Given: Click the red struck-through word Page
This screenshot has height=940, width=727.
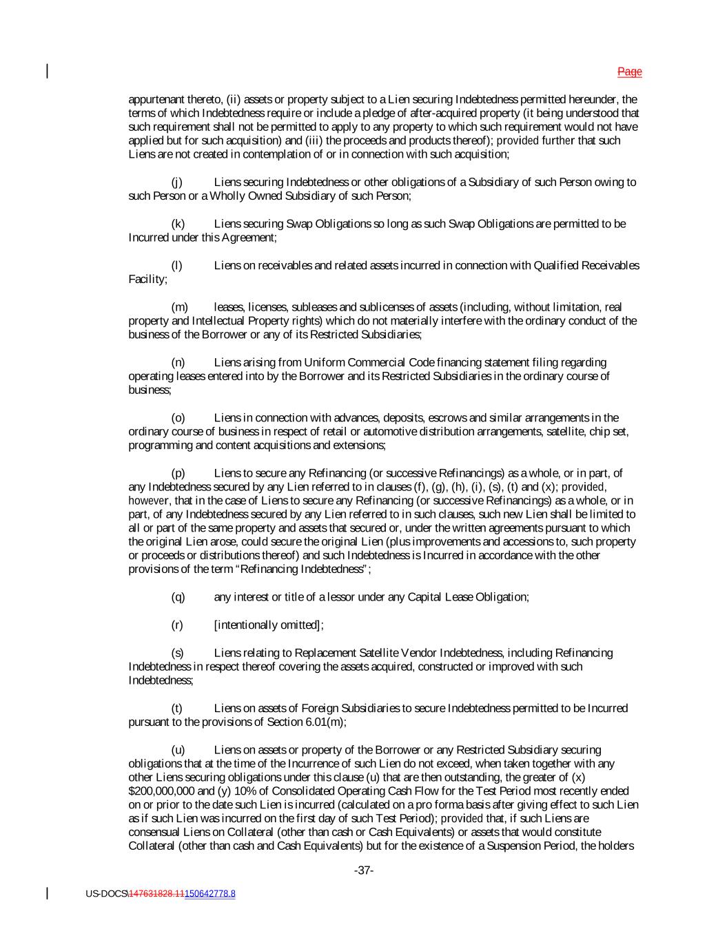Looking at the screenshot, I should (629, 72).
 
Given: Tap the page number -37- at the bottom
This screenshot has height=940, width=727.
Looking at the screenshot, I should (364, 870).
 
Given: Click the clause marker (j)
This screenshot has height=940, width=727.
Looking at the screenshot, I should (177, 182).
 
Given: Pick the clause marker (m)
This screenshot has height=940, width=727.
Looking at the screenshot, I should (179, 307).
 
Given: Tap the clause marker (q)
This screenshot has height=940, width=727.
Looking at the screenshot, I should (178, 597).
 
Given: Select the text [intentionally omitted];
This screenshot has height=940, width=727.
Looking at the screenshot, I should (269, 625).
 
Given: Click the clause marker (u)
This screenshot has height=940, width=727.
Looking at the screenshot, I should (178, 750).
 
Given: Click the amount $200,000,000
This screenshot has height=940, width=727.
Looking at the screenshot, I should (163, 791).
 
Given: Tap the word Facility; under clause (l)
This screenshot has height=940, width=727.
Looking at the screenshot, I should (147, 280).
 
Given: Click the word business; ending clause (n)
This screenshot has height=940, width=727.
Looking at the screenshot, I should (150, 390).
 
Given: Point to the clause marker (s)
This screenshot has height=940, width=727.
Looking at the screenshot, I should (177, 653).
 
